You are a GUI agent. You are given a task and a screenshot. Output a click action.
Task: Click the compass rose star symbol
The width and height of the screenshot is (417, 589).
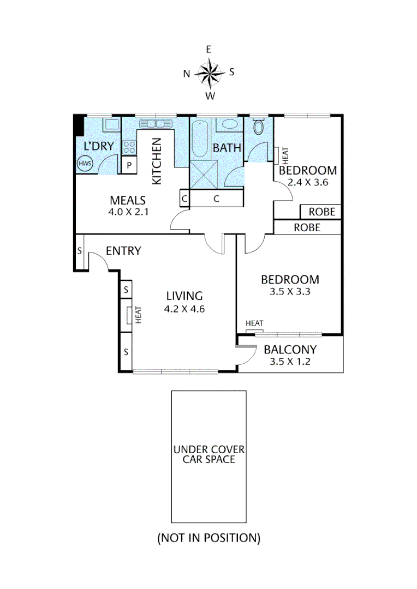[209, 73]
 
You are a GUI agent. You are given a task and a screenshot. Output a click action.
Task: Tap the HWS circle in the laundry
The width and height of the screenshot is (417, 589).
[85, 164]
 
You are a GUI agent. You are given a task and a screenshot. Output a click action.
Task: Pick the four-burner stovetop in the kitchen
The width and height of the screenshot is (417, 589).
[129, 146]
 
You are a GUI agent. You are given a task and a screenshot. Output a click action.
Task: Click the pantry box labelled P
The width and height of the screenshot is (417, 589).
[129, 165]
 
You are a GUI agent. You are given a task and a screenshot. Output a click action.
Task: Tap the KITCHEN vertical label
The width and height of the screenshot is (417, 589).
[156, 161]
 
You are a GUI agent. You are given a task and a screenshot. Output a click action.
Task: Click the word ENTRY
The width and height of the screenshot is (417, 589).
[123, 251]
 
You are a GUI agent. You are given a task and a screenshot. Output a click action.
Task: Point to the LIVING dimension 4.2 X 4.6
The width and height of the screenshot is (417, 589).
[184, 309]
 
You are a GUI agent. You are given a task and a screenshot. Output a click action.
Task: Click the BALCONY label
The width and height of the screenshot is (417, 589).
[290, 350]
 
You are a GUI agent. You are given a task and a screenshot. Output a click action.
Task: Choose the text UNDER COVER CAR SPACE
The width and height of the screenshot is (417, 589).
[209, 454]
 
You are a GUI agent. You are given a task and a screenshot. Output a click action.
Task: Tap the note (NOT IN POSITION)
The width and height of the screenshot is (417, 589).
[208, 538]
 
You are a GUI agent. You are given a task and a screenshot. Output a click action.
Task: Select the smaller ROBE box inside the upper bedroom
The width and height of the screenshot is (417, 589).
[321, 212]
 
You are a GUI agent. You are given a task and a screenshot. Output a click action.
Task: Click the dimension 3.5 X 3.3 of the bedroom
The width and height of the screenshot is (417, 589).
[290, 292]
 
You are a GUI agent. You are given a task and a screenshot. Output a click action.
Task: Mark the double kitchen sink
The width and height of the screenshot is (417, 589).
[156, 123]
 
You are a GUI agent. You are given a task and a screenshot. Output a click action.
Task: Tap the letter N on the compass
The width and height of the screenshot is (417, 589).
[186, 74]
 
